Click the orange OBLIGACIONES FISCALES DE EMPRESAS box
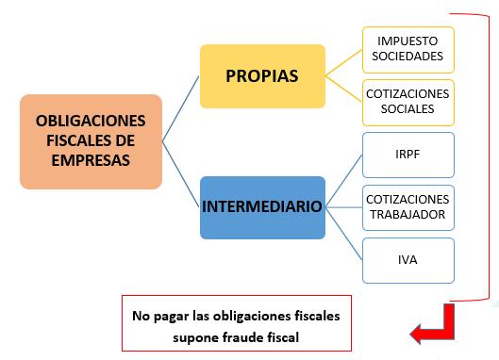(x=91, y=141)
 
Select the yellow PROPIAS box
(x=262, y=76)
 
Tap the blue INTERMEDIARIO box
(x=262, y=207)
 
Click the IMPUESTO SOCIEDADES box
(x=408, y=50)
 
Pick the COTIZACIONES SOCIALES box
(x=408, y=103)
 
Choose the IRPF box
(x=408, y=155)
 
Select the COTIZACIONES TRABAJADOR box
(x=408, y=207)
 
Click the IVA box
(x=408, y=260)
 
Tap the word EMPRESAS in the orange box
(x=91, y=160)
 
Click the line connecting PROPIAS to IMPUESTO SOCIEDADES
(x=343, y=62)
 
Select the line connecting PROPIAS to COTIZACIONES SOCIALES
(x=343, y=89)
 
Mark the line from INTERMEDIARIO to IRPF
(x=344, y=181)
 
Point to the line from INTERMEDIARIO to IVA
(x=344, y=234)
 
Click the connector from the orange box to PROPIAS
(x=181, y=108)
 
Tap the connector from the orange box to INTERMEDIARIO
(x=181, y=174)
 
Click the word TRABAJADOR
(x=408, y=215)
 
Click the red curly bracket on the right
(x=489, y=157)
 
